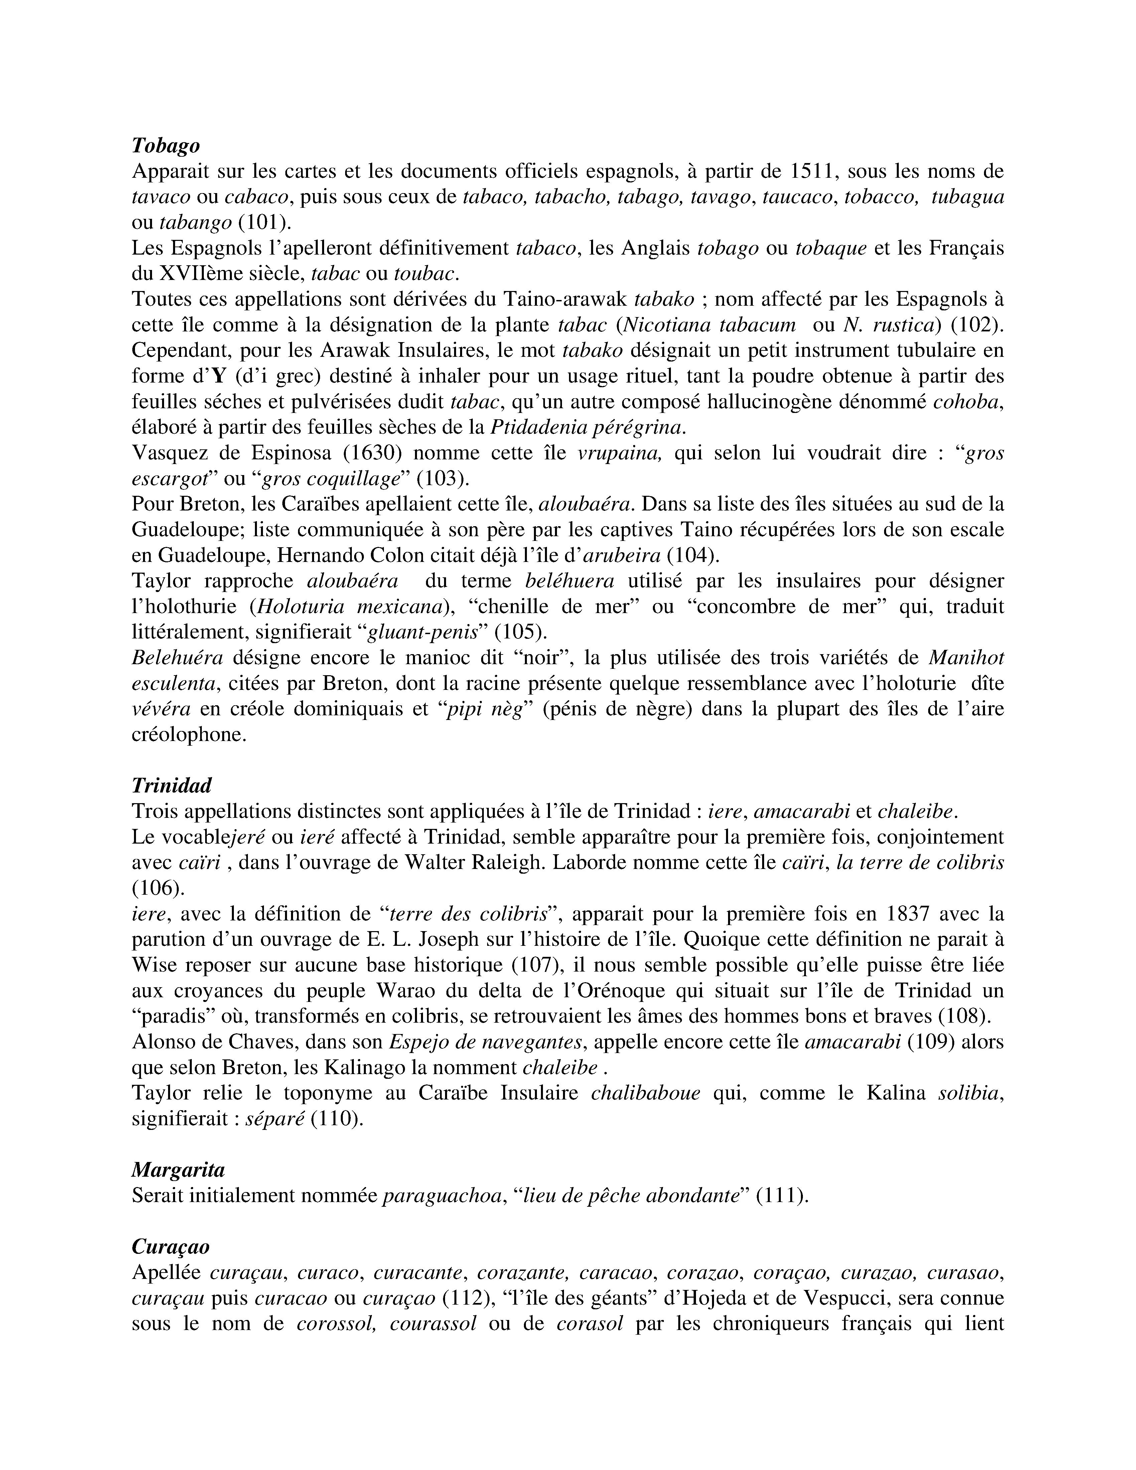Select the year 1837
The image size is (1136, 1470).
(x=908, y=914)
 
